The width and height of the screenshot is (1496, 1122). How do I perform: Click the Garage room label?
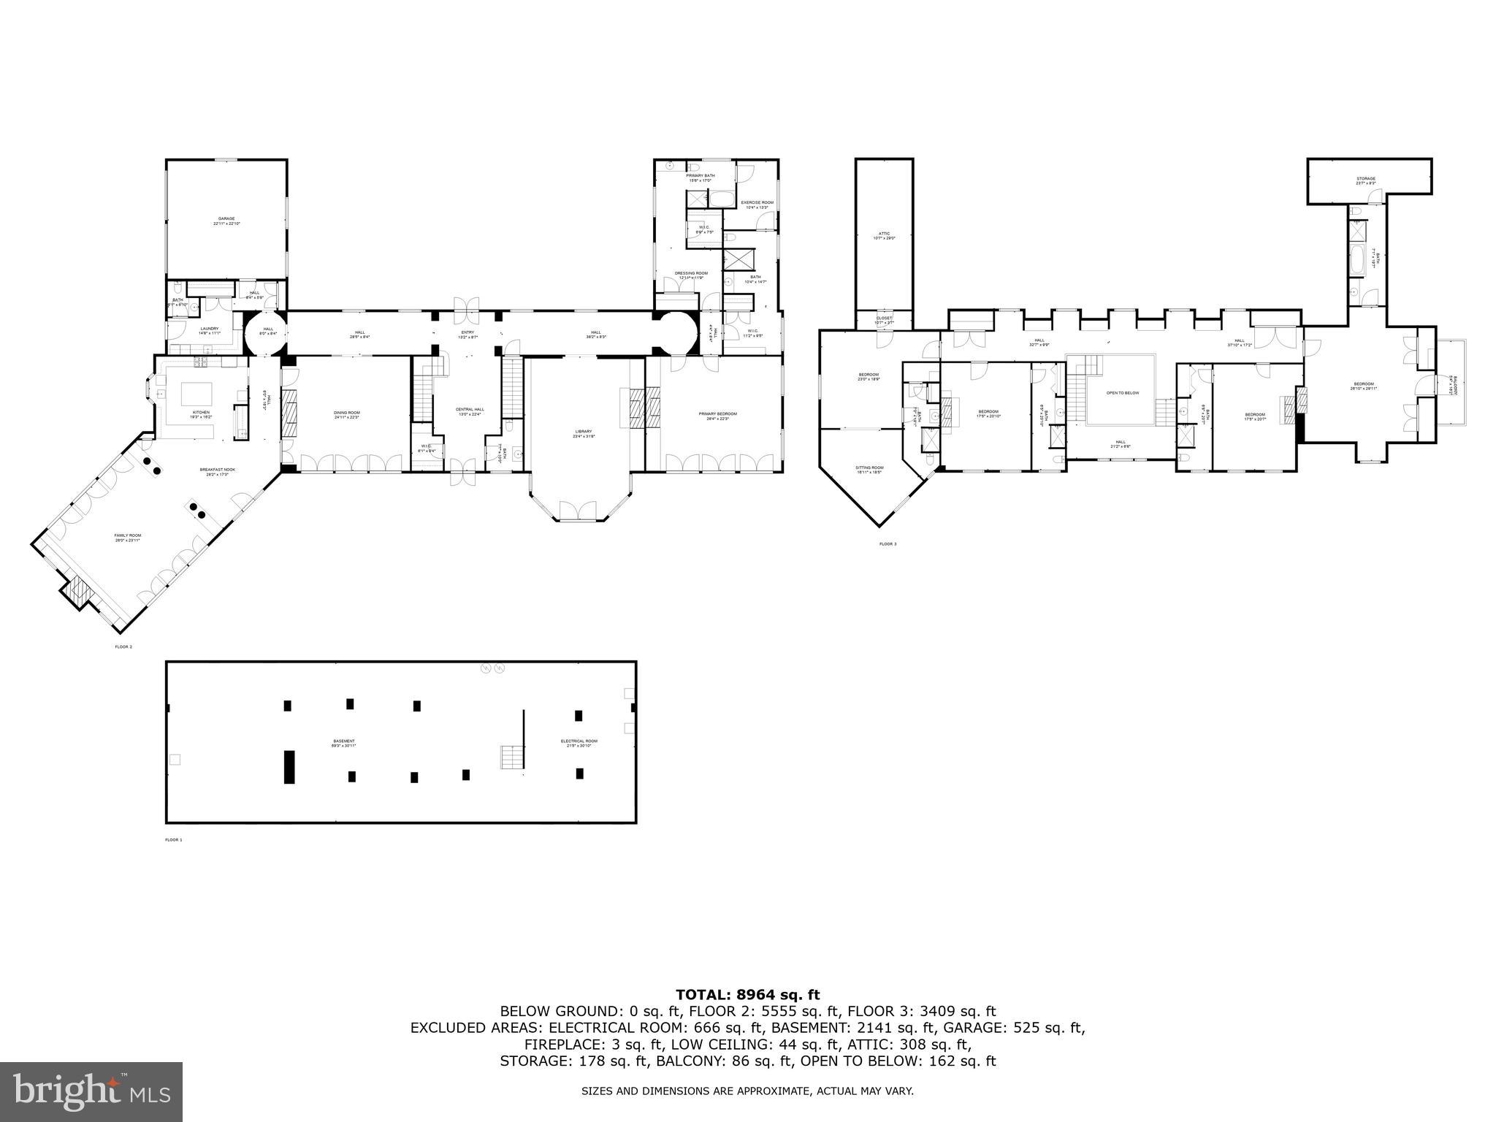(226, 221)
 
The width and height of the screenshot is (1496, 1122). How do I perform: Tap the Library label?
(583, 432)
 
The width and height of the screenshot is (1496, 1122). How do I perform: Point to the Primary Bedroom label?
(717, 415)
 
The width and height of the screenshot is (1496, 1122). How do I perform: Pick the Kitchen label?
(201, 413)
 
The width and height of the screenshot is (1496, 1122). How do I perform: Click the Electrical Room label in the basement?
(579, 742)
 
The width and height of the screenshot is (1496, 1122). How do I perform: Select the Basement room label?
(343, 742)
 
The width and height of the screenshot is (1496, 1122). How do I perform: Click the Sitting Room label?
(869, 469)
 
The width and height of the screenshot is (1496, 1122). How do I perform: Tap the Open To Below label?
(1123, 393)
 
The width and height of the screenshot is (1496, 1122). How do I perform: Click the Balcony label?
(1454, 385)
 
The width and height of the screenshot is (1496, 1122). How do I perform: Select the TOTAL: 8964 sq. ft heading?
(747, 995)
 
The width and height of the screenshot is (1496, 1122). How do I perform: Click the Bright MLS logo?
(91, 1092)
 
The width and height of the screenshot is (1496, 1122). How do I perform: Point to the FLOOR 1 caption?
(173, 840)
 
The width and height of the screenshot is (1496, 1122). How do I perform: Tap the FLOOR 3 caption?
(887, 544)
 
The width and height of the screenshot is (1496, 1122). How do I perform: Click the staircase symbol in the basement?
(512, 757)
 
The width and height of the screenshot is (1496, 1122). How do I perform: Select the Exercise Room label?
(757, 204)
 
